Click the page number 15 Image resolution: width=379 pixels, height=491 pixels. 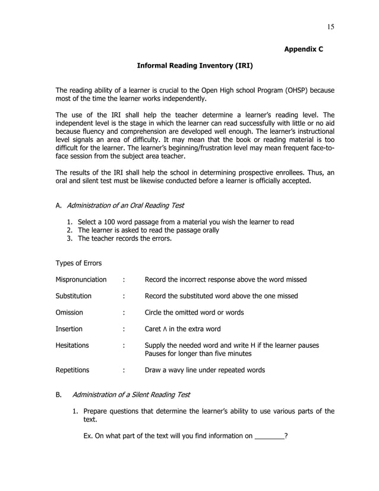click(x=330, y=26)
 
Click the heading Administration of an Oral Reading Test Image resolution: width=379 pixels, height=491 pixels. click(x=125, y=206)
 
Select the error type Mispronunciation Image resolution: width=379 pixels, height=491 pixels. click(x=81, y=279)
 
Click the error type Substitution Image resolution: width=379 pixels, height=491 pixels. click(x=74, y=295)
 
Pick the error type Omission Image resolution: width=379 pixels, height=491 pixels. click(x=70, y=312)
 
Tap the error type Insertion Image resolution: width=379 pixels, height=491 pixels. click(x=69, y=329)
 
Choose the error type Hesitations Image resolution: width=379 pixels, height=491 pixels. click(x=72, y=345)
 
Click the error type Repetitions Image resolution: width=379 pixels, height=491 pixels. click(x=72, y=370)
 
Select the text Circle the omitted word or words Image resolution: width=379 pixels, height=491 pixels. click(x=194, y=312)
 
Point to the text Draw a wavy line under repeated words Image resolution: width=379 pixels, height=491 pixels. click(x=205, y=370)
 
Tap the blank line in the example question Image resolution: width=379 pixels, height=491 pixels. click(x=269, y=436)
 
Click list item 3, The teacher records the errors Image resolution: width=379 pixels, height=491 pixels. click(x=125, y=239)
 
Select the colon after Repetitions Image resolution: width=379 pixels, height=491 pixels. click(x=123, y=370)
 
